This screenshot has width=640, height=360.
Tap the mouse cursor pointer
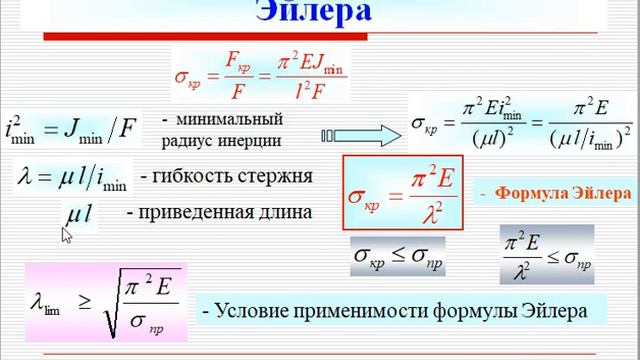click(67, 234)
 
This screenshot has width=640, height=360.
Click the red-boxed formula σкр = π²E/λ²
click(392, 191)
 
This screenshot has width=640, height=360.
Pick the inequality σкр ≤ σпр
click(398, 257)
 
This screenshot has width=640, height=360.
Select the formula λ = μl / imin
click(71, 177)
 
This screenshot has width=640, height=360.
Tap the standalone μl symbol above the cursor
click(79, 212)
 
